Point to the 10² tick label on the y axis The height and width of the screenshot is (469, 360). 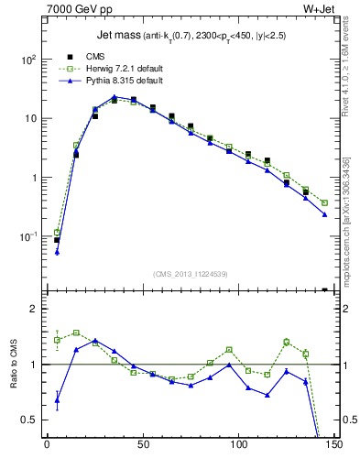(x=27, y=60)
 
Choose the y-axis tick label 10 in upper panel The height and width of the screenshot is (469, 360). (x=29, y=119)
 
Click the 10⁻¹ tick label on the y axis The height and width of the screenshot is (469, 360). (x=27, y=237)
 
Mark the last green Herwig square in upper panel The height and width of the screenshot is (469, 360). (x=325, y=202)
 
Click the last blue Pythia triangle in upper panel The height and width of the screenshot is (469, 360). (x=325, y=214)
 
